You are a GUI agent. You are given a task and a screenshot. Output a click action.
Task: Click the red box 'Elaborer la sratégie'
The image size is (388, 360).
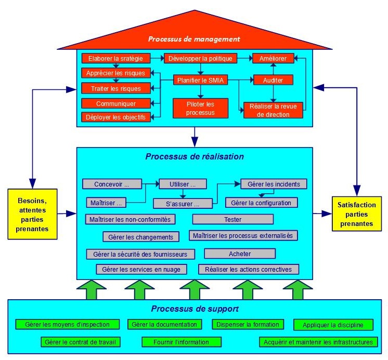(x=115, y=58)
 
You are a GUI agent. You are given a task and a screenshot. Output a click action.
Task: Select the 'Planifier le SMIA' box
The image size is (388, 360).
(x=200, y=80)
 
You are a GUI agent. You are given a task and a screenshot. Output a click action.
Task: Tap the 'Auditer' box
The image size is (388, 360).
(x=273, y=80)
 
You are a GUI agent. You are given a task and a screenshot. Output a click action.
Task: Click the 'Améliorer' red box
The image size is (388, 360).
(x=273, y=58)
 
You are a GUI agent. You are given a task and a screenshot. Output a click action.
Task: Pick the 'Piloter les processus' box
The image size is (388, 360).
(x=200, y=108)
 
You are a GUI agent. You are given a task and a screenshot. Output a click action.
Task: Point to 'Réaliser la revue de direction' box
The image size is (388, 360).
(x=273, y=110)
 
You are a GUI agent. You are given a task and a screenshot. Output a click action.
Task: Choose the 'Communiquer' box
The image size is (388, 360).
(x=115, y=103)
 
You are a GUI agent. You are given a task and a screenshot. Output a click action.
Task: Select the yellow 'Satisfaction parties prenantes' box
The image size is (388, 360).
(x=356, y=214)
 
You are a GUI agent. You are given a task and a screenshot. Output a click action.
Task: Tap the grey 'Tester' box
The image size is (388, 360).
(x=232, y=219)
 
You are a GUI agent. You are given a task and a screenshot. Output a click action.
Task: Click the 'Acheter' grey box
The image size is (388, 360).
(x=240, y=254)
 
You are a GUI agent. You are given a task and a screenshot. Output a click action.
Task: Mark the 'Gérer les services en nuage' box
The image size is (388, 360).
(x=138, y=269)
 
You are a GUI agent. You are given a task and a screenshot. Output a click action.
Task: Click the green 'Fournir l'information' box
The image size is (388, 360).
(x=181, y=342)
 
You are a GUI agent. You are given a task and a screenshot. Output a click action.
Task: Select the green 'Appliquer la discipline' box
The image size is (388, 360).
(x=333, y=325)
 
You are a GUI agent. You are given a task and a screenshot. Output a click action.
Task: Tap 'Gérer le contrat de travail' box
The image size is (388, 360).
(x=81, y=342)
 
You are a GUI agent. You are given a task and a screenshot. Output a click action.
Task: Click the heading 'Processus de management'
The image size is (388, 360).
(x=193, y=39)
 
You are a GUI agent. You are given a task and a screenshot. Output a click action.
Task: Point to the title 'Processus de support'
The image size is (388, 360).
(x=195, y=309)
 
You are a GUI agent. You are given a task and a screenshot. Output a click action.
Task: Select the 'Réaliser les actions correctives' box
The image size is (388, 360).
(x=249, y=269)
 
